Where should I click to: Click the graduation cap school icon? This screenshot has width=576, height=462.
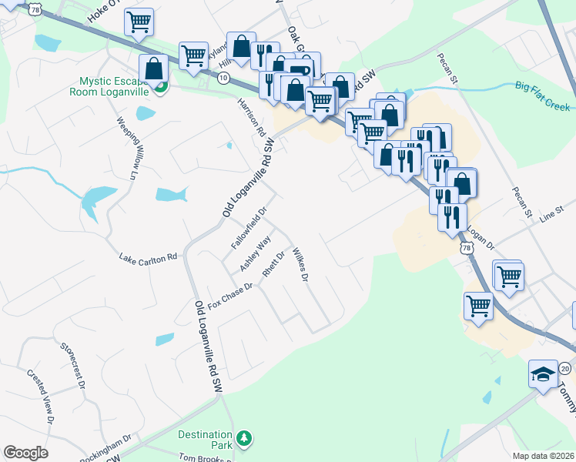[542, 375]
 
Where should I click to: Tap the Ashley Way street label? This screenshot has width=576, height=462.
[255, 253]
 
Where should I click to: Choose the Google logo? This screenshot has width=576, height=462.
[25, 454]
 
